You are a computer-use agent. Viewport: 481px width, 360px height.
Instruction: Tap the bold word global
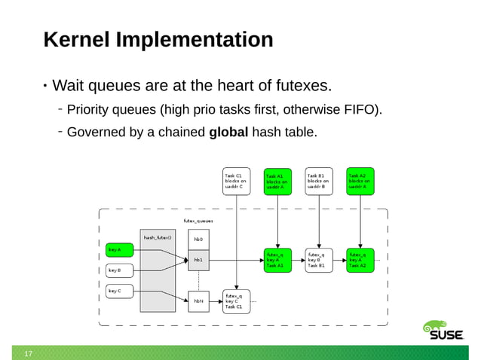[228, 133]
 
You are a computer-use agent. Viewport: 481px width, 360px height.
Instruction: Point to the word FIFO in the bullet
[356, 111]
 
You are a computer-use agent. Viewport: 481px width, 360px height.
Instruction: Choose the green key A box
[120, 249]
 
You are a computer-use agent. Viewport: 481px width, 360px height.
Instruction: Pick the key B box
[120, 270]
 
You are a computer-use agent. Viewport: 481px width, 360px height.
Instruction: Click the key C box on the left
[120, 291]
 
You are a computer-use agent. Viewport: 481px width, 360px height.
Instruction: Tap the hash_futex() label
[158, 237]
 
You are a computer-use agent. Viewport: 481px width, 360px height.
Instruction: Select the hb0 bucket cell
[199, 239]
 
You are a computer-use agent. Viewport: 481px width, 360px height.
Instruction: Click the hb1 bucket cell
[199, 260]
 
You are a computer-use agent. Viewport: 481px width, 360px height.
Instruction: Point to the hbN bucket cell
[199, 301]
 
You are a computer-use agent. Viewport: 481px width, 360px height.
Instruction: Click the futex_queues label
[198, 221]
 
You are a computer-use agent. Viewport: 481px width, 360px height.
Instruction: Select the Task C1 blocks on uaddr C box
[236, 182]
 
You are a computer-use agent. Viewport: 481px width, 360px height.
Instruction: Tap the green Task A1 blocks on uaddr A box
[277, 182]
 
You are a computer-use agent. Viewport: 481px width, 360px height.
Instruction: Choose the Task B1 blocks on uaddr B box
[319, 182]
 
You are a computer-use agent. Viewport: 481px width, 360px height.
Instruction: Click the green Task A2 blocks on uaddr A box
[360, 181]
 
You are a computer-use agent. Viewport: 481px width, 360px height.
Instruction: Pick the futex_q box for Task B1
[319, 260]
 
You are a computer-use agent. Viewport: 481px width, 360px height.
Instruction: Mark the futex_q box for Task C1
[236, 301]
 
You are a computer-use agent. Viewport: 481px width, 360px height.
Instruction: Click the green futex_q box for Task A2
[360, 260]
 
